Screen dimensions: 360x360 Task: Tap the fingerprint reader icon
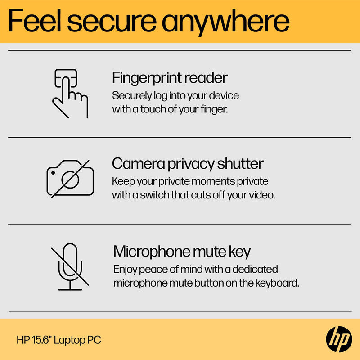[70, 93]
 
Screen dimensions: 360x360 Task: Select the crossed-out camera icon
[70, 179]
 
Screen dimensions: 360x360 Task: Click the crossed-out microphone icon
[70, 266]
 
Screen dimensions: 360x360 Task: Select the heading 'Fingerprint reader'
[170, 78]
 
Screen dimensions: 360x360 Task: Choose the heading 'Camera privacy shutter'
[188, 163]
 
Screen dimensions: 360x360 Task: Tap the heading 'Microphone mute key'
[182, 251]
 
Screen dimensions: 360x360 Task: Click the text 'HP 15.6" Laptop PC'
[58, 340]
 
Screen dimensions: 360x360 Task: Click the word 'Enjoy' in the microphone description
[126, 270]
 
